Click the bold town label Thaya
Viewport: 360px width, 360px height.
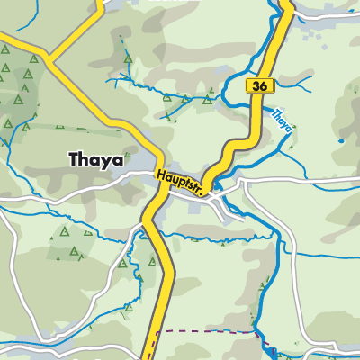pyautogui.click(x=94, y=159)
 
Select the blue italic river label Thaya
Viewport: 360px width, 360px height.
pyautogui.click(x=282, y=121)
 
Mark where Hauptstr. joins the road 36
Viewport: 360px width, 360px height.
pyautogui.click(x=208, y=188)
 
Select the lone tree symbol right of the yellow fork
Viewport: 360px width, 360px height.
pyautogui.click(x=128, y=59)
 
